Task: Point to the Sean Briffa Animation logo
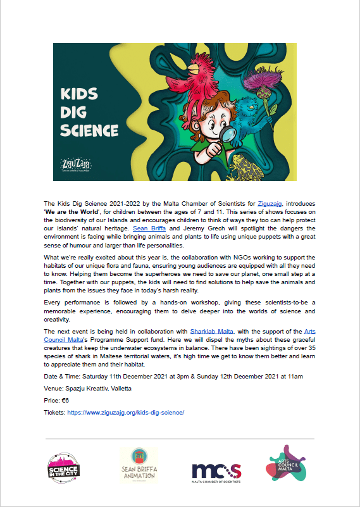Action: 139,466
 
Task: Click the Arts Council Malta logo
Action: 288,465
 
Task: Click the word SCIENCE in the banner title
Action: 89,131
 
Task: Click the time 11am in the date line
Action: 295,376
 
